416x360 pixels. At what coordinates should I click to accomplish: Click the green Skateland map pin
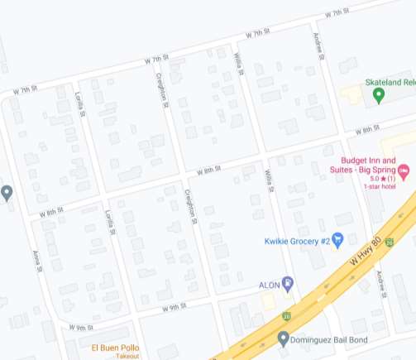pyautogui.click(x=379, y=95)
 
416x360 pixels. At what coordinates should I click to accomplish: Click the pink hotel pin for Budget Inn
pyautogui.click(x=404, y=172)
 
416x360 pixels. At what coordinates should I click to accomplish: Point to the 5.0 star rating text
pyautogui.click(x=379, y=179)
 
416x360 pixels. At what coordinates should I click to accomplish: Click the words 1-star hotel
pyautogui.click(x=380, y=186)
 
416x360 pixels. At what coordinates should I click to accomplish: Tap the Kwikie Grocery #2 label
pyautogui.click(x=298, y=241)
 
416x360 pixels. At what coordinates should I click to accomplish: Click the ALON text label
pyautogui.click(x=270, y=285)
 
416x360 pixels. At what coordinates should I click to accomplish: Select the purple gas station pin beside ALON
pyautogui.click(x=287, y=285)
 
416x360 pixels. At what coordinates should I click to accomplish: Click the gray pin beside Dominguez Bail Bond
pyautogui.click(x=284, y=338)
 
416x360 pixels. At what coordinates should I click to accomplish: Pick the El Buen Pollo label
pyautogui.click(x=116, y=347)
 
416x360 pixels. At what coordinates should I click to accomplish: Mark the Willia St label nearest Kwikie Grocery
pyautogui.click(x=268, y=180)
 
